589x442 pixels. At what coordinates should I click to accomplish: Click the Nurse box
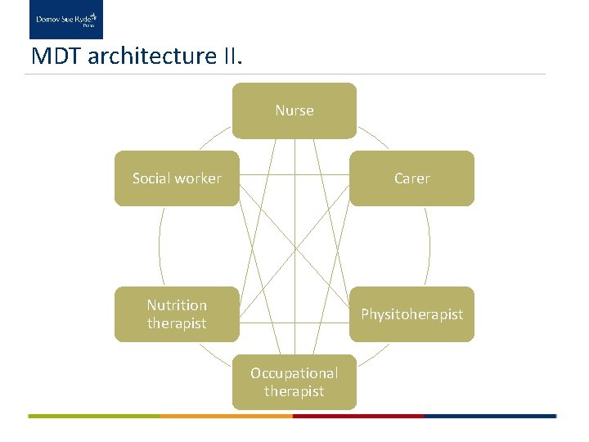coord(294,110)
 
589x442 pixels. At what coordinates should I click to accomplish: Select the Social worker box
coord(177,178)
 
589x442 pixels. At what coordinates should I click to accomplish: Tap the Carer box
coord(411,178)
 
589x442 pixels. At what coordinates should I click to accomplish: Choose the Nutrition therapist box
coord(177,314)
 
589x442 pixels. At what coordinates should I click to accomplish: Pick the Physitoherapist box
coord(411,314)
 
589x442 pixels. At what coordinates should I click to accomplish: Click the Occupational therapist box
coord(294,382)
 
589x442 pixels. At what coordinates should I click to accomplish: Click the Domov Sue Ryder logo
coord(66,20)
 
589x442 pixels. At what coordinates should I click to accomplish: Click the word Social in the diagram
coord(153,178)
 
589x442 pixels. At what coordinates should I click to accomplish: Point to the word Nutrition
coord(177,305)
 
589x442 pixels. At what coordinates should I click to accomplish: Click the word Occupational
coord(294,373)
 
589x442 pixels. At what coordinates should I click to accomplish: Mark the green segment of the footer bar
coord(94,416)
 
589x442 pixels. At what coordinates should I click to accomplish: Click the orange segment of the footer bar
coord(227,416)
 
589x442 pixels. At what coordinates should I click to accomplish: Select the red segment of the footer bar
coord(358,416)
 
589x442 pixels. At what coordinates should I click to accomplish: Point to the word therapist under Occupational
coord(294,391)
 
